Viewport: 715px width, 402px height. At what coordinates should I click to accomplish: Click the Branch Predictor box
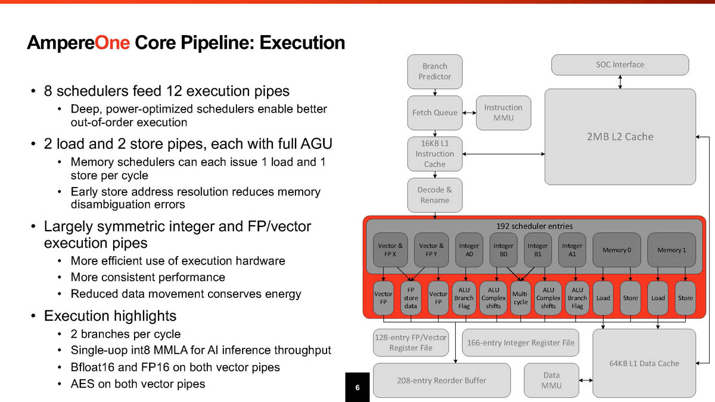pyautogui.click(x=434, y=71)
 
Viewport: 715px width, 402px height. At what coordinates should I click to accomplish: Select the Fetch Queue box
pyautogui.click(x=434, y=113)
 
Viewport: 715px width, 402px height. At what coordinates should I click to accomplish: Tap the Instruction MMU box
pyautogui.click(x=503, y=113)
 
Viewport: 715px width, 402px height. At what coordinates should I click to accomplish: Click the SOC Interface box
pyautogui.click(x=620, y=65)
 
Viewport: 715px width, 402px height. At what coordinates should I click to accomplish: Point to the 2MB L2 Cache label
pyautogui.click(x=620, y=136)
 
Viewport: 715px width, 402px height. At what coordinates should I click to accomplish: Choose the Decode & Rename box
pyautogui.click(x=434, y=195)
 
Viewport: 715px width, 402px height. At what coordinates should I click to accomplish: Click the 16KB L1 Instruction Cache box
pyautogui.click(x=434, y=154)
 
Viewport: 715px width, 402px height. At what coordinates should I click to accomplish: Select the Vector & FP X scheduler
pyautogui.click(x=390, y=250)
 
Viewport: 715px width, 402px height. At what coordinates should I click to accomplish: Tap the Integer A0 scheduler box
pyautogui.click(x=469, y=250)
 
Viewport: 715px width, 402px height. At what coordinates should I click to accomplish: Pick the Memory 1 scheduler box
pyautogui.click(x=672, y=250)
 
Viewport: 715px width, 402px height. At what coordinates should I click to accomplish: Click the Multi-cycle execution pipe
pyautogui.click(x=521, y=298)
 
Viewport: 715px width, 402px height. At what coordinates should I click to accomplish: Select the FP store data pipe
pyautogui.click(x=411, y=298)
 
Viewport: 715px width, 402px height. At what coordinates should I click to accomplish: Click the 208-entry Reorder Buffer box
pyautogui.click(x=442, y=380)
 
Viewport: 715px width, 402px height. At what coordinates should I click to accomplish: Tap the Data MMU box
pyautogui.click(x=551, y=380)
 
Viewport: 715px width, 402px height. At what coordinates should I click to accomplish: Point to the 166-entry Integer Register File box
pyautogui.click(x=520, y=342)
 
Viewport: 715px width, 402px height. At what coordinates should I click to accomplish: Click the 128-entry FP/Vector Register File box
pyautogui.click(x=411, y=342)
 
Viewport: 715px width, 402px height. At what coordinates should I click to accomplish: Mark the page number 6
pyautogui.click(x=357, y=388)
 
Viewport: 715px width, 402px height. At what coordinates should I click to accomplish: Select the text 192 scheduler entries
pyautogui.click(x=534, y=226)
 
